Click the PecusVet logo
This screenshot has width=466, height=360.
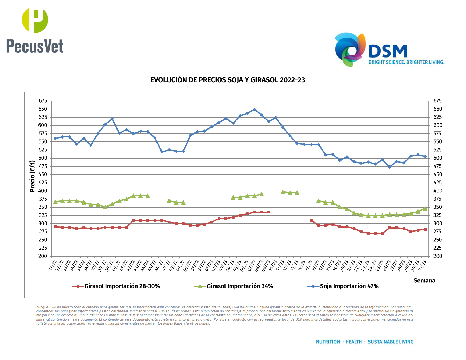[x=35, y=31]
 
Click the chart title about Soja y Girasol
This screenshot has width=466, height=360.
[x=227, y=80]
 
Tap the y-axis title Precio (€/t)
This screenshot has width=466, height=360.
[x=32, y=176]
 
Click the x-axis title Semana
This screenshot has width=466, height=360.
[x=424, y=281]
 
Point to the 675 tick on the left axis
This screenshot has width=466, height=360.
[x=43, y=101]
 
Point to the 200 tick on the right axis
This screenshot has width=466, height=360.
[x=437, y=256]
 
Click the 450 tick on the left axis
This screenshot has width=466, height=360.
[x=43, y=175]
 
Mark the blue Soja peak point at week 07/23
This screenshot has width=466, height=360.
[x=254, y=110]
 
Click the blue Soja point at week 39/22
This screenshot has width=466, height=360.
[x=112, y=119]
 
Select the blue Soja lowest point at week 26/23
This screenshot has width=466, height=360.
[x=389, y=167]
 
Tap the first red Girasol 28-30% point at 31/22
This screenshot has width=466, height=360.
[x=55, y=227]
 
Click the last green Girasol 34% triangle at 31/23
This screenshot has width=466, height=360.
[x=425, y=208]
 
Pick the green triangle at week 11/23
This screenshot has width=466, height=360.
[x=283, y=192]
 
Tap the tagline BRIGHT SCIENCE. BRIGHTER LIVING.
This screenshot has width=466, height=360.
[x=406, y=62]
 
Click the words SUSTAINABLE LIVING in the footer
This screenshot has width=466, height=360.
[x=391, y=342]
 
